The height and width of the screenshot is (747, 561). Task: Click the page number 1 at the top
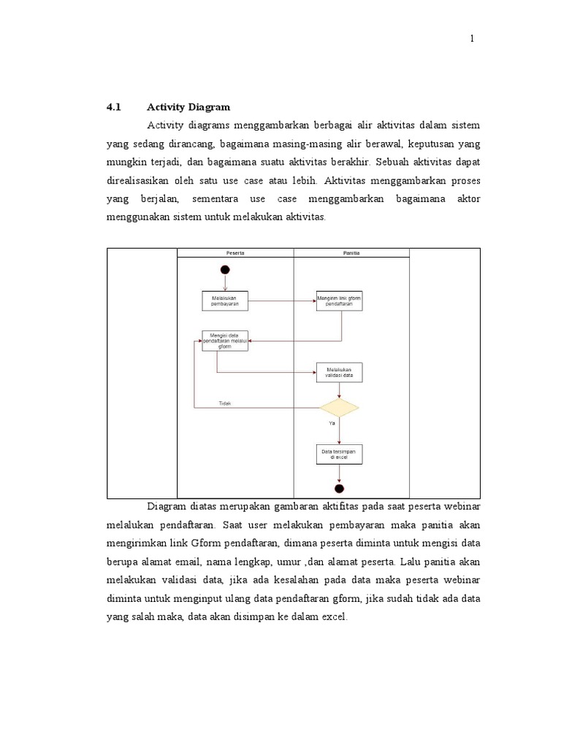pos(472,39)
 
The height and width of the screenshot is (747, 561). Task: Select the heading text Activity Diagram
pos(188,107)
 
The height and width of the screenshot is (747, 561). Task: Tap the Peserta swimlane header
pos(234,253)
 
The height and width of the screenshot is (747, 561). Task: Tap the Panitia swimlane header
pos(351,253)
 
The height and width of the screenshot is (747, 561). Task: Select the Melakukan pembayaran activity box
pos(224,301)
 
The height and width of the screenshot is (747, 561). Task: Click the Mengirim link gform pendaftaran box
pos(339,301)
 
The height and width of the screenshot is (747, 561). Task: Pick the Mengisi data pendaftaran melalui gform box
pos(224,341)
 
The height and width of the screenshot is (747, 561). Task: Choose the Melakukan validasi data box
pos(339,373)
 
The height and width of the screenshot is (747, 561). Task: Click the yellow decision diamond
pos(339,407)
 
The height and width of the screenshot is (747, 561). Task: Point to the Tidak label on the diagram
pos(225,403)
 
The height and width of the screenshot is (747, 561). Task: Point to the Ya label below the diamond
pos(332,424)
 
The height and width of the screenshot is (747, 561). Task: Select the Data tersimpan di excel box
pos(339,454)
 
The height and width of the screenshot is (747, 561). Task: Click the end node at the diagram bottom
pos(339,488)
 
